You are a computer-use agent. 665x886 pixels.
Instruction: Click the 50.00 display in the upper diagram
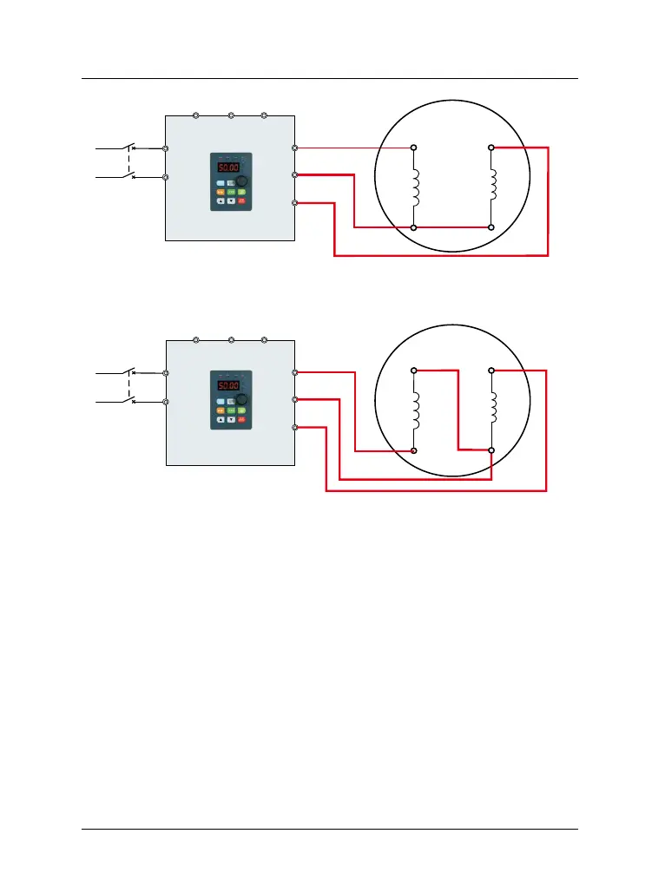(x=228, y=167)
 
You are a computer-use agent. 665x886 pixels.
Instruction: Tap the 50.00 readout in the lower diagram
(x=228, y=385)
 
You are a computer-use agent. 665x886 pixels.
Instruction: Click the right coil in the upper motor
(x=492, y=185)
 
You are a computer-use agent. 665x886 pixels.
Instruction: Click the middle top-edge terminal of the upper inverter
(x=231, y=115)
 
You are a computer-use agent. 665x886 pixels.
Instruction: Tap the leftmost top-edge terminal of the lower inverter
(x=196, y=339)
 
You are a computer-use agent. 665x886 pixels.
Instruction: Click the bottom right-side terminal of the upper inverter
(x=296, y=203)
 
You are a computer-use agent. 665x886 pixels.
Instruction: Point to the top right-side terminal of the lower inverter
(x=296, y=372)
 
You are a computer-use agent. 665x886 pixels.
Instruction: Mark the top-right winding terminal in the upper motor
(x=491, y=148)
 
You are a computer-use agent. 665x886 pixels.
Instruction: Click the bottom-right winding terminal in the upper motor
(x=491, y=226)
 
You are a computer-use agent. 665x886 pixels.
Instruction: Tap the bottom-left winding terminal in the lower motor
(x=414, y=451)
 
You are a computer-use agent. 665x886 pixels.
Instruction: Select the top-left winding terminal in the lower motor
(x=414, y=371)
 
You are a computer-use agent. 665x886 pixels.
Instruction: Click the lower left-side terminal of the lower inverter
(x=166, y=402)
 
